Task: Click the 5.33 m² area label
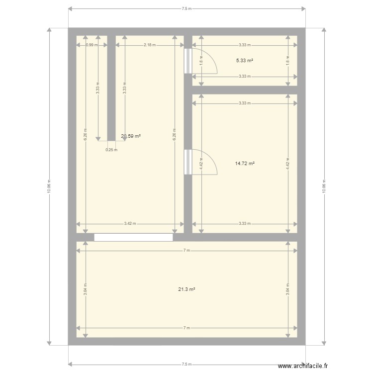pos(244,61)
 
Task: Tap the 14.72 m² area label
pos(244,163)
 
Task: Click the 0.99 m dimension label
pos(91,45)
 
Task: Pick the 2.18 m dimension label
pos(149,45)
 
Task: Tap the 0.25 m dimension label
pos(111,150)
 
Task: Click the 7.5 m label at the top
pos(186,9)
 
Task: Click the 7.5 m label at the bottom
pos(186,364)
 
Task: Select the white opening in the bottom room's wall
pos(133,237)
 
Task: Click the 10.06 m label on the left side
pos(49,186)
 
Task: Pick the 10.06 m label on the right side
pos(324,186)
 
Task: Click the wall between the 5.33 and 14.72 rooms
pos(245,90)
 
